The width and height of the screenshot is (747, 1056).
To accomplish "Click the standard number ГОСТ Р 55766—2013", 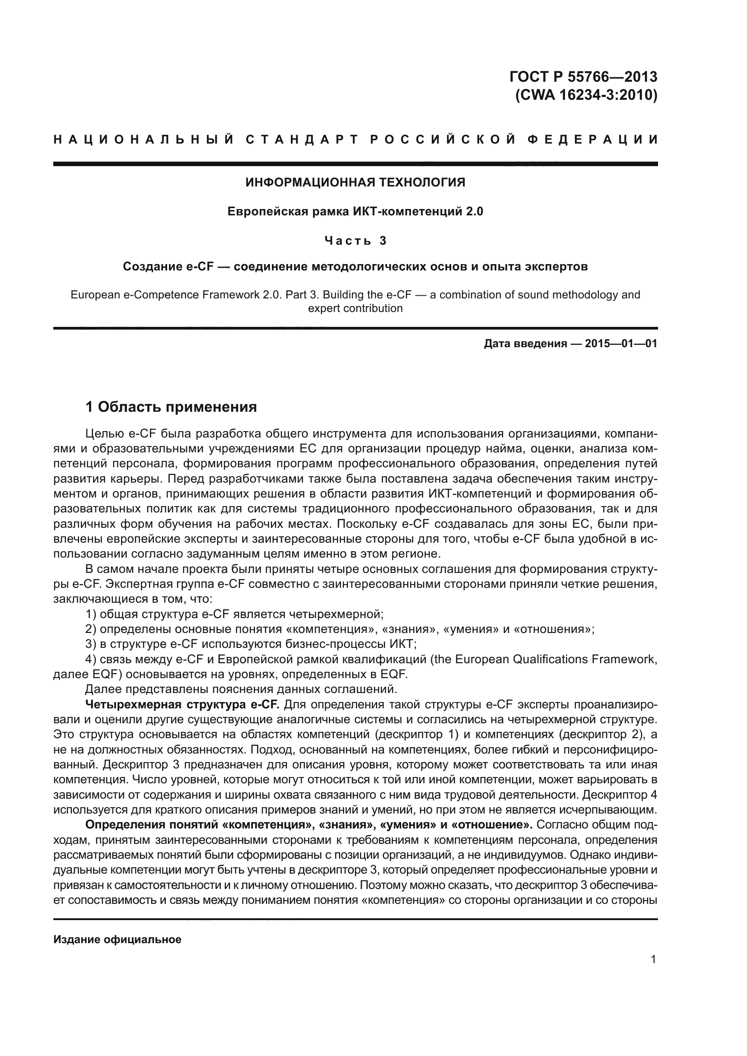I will coord(583,76).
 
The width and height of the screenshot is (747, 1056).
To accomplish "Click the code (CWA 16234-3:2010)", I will coord(586,95).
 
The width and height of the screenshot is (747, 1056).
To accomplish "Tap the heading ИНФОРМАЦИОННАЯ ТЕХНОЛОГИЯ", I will coord(355,182).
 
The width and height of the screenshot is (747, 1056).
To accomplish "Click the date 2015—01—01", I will coord(621,344).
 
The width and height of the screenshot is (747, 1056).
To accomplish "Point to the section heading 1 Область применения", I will coord(171,407).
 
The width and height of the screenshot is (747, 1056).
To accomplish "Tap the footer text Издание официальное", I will coord(117,927).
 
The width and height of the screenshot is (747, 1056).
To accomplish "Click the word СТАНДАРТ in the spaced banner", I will coord(301,140).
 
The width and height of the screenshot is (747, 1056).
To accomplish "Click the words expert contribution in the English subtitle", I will coord(355,308).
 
